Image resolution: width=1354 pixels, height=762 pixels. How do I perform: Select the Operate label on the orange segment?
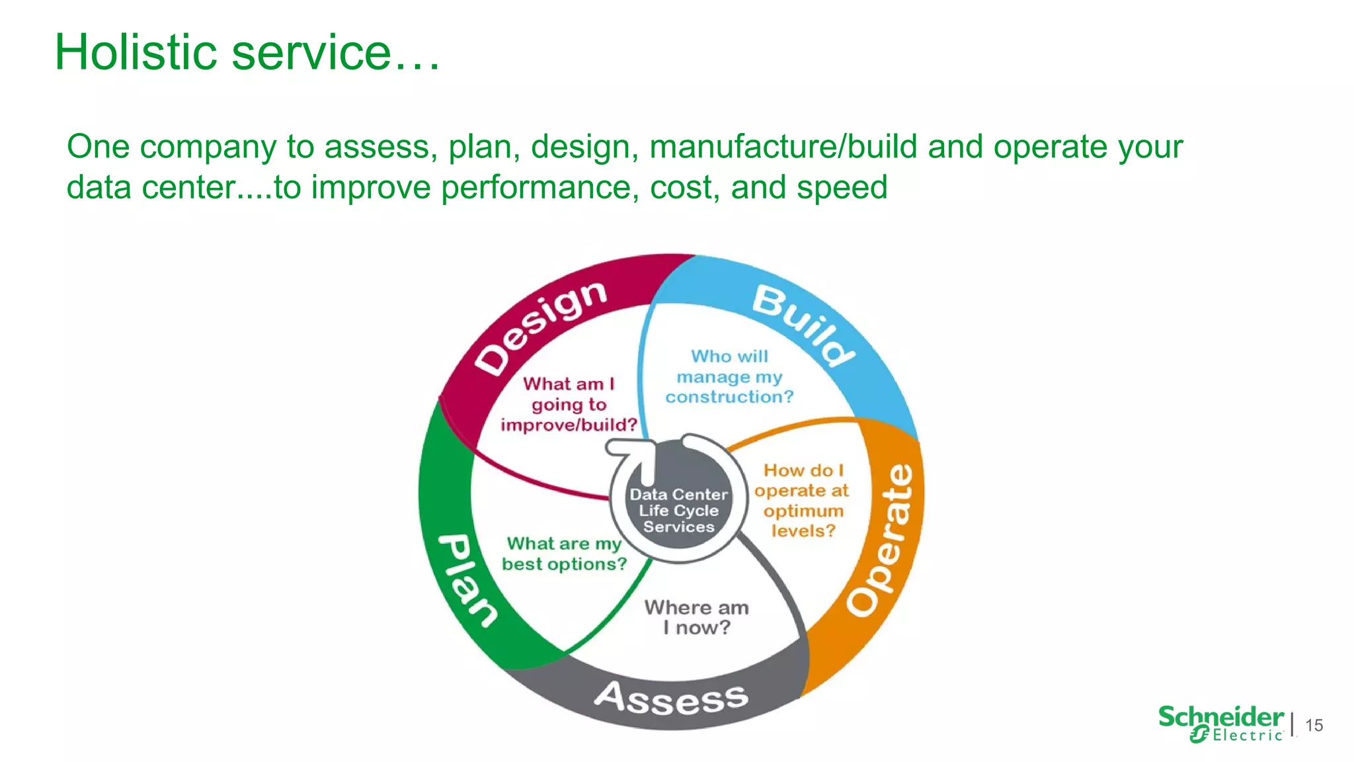882,539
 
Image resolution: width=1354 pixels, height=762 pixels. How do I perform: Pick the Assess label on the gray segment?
671,698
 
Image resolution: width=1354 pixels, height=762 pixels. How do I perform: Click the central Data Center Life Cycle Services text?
678,511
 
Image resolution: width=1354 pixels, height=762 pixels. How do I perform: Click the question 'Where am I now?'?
696,617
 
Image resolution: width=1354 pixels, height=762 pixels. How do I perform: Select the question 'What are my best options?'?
564,554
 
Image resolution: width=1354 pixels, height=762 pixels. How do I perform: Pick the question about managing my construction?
729,376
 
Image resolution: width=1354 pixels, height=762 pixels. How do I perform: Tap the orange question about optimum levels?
802,500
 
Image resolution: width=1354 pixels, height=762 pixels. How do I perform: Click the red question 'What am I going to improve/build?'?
569,404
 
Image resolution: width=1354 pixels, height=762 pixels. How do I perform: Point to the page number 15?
1314,726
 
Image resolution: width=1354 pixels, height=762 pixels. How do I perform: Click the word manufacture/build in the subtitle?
783,147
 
